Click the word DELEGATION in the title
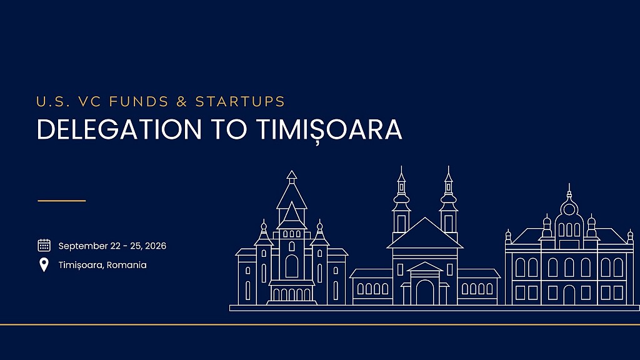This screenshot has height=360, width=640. [119, 129]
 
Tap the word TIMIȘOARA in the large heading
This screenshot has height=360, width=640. [329, 130]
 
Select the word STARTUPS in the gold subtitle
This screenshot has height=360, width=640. [240, 102]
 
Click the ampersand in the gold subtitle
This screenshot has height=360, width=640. [182, 102]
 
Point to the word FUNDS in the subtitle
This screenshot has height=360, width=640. [139, 102]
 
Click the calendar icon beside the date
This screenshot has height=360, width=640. [44, 245]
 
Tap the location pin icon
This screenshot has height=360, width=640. [44, 265]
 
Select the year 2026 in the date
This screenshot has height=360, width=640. [156, 246]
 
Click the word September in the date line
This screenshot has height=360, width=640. [83, 246]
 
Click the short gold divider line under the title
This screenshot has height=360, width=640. [62, 201]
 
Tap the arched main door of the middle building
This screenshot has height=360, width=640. [425, 292]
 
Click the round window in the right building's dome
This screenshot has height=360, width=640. [569, 210]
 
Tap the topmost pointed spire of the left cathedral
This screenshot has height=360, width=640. [291, 176]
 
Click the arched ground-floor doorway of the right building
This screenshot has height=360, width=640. [569, 295]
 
